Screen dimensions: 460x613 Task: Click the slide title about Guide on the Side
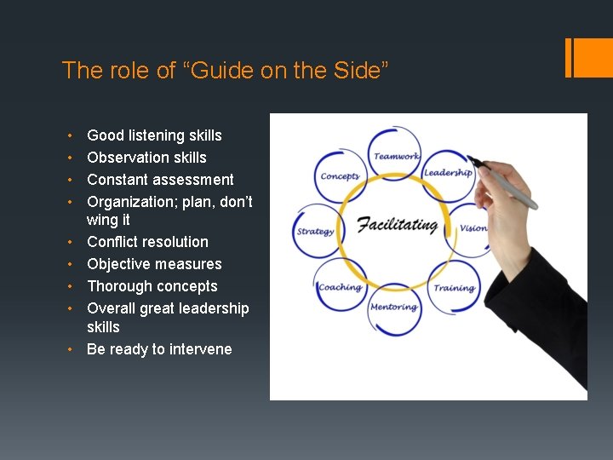coord(225,70)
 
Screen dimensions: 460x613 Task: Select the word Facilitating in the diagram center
coord(397,226)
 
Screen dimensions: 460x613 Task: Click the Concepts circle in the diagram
coord(340,176)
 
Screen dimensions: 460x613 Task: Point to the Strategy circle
coord(316,231)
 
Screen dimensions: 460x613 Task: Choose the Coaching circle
coord(341,287)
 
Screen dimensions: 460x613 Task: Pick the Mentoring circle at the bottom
coord(394,308)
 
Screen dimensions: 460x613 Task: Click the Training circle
coord(453,288)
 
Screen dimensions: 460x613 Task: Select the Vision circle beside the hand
coord(471,228)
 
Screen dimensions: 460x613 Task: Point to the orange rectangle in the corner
coord(587,57)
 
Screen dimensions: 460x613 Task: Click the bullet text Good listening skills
coord(154,135)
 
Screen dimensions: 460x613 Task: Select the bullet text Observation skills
coord(146,158)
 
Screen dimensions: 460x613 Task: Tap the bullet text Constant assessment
coord(160,180)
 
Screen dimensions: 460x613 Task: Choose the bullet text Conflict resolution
coord(147,242)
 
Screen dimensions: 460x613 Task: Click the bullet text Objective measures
coord(154,264)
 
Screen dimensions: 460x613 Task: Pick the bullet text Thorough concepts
coord(152,286)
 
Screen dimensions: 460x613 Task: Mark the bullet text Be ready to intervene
coord(159,349)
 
